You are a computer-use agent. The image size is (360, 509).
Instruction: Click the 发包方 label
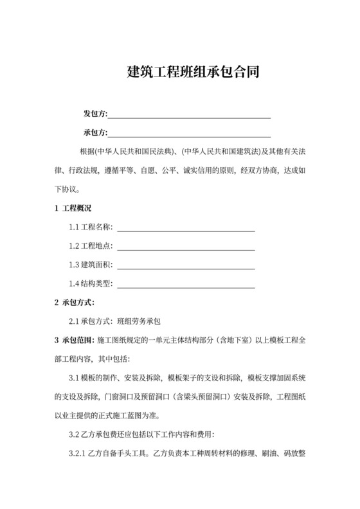pyautogui.click(x=94, y=114)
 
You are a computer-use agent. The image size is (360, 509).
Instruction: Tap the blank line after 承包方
pyautogui.click(x=189, y=134)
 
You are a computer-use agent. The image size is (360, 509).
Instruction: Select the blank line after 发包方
pyautogui.click(x=189, y=116)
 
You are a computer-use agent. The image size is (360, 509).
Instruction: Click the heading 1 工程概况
pyautogui.click(x=73, y=208)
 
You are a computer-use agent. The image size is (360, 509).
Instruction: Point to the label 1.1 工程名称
pyautogui.click(x=91, y=228)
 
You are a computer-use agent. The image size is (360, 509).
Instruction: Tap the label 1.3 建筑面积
pyautogui.click(x=91, y=265)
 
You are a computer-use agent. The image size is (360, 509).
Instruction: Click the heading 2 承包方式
pyautogui.click(x=75, y=302)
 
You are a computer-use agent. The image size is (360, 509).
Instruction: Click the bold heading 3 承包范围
pyautogui.click(x=74, y=339)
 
